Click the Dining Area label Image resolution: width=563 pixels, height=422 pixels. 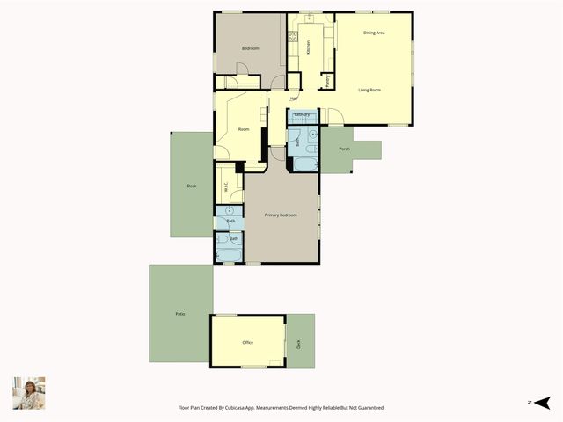(x=374, y=33)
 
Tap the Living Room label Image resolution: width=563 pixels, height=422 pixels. (x=369, y=90)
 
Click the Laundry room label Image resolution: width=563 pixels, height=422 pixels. (x=301, y=114)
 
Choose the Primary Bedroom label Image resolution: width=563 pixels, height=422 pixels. (x=281, y=215)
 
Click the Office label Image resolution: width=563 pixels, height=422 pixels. (x=248, y=343)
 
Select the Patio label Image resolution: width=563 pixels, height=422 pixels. (x=179, y=314)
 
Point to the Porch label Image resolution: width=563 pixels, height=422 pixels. (x=344, y=149)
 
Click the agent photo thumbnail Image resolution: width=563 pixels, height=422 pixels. (x=28, y=393)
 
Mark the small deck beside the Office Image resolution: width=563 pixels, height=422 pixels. (x=298, y=343)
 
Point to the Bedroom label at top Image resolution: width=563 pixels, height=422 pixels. (x=251, y=49)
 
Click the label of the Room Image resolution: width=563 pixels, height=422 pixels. (x=244, y=129)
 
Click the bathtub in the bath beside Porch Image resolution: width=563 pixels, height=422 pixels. (x=302, y=164)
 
